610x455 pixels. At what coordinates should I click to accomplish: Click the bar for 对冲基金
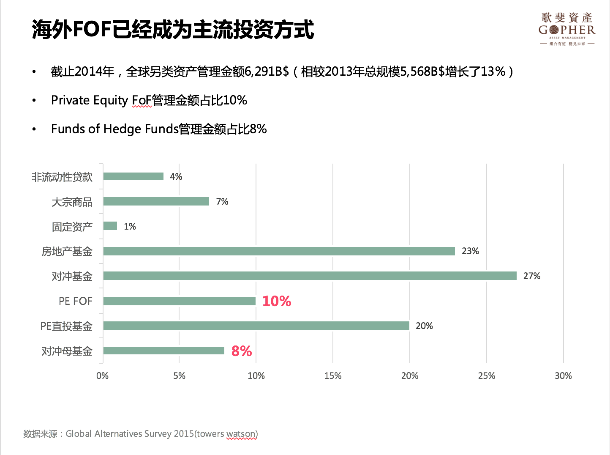pos(310,276)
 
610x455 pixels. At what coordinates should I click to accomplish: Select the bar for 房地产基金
pos(279,251)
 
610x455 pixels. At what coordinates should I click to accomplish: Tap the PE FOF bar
pos(180,301)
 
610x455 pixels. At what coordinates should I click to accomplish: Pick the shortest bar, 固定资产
pos(110,226)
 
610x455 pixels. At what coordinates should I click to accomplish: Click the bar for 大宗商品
pos(156,201)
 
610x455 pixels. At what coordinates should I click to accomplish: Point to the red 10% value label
pos(277,301)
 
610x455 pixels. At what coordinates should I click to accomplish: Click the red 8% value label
pos(242,351)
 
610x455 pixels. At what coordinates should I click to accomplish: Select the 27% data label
pos(531,276)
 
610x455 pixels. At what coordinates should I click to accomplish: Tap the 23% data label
pos(470,251)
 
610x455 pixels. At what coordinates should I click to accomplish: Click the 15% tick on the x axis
pos(333,376)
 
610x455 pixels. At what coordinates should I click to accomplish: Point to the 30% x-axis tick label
pos(563,376)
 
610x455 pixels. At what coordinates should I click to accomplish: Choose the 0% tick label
pos(103,376)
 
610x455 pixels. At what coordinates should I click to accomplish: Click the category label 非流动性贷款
pos(62,177)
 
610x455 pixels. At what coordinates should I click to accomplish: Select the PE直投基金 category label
pos(66,326)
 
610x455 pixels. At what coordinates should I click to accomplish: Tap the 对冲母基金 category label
pos(67,351)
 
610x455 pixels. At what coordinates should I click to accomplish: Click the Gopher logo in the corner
pos(566,29)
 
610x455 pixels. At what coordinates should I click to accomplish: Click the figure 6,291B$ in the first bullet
pos(267,71)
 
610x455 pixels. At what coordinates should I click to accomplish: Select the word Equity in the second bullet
pos(111,101)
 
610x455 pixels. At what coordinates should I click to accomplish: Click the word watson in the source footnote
pos(241,434)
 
